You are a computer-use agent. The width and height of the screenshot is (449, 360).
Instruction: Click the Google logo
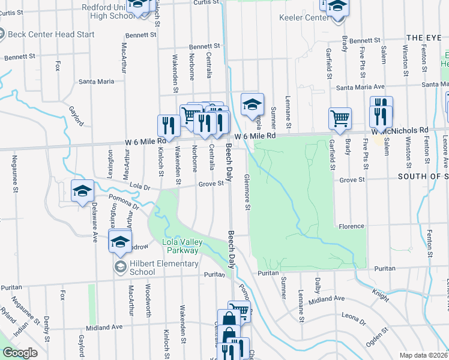20,353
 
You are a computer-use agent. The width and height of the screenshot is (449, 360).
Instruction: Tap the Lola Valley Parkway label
183,246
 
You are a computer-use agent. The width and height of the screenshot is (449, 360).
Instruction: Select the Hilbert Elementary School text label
164,268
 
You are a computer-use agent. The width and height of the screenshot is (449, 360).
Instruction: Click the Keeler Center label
304,17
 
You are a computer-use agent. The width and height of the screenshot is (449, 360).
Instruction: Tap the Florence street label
351,226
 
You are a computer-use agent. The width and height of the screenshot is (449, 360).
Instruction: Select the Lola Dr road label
139,187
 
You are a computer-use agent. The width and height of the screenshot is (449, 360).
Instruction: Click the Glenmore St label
247,192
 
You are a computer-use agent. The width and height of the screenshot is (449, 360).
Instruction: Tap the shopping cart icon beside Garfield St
340,118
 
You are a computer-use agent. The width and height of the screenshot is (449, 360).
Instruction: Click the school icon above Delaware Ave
82,191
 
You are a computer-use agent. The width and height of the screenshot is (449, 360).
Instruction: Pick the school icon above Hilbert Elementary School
119,242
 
